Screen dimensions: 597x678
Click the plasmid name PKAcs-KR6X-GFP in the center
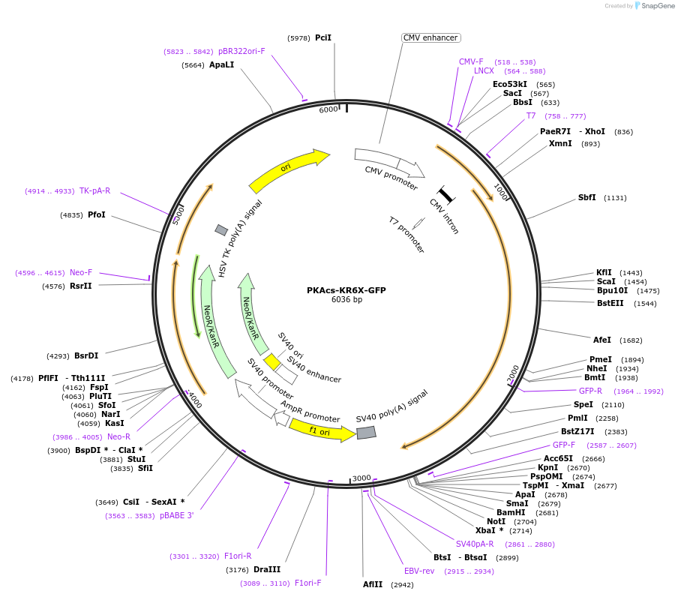(x=346, y=290)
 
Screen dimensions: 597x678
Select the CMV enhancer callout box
(x=430, y=37)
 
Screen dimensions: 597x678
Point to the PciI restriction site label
(x=322, y=37)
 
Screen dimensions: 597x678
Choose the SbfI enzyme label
(x=586, y=198)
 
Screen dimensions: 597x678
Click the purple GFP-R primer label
(x=590, y=391)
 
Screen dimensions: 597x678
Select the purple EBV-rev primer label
(x=418, y=571)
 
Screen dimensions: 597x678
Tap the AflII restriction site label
(x=373, y=584)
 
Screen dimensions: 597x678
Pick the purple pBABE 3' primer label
(x=177, y=515)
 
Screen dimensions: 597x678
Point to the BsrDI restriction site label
(x=86, y=356)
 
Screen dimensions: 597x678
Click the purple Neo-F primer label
(x=81, y=273)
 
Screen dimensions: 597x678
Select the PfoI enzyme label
(x=97, y=215)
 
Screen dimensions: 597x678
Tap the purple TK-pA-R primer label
(x=94, y=191)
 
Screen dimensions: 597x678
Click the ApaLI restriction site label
(x=222, y=65)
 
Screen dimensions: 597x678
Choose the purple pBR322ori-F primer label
(x=241, y=52)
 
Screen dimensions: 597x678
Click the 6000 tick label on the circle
(x=328, y=109)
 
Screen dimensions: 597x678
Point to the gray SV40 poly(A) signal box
(x=366, y=433)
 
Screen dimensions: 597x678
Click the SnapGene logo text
(x=658, y=6)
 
